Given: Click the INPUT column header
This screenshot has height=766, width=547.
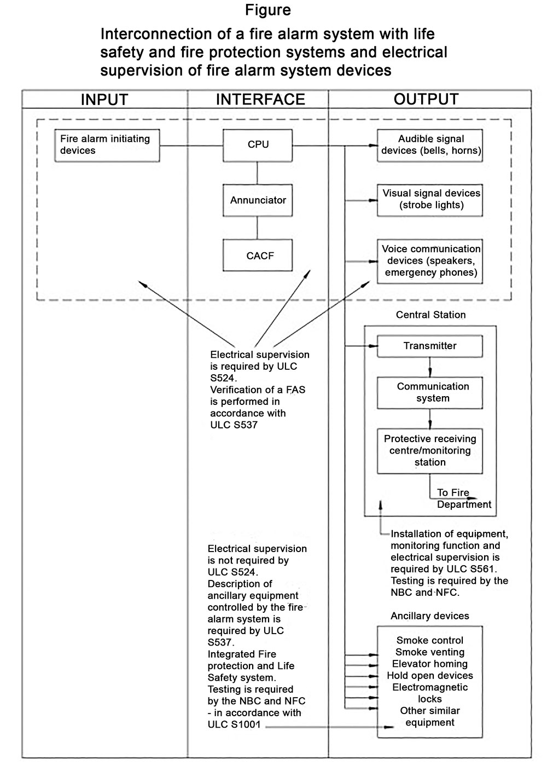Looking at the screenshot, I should click(104, 100).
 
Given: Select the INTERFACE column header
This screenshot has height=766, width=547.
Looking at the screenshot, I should click(260, 99).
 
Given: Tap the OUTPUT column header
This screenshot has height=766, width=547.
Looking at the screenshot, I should click(426, 99).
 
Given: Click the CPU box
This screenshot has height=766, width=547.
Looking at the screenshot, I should click(258, 145).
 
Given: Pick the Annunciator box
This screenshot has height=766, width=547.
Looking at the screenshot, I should click(258, 200).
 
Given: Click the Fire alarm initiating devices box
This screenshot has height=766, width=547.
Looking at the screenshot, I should click(107, 146).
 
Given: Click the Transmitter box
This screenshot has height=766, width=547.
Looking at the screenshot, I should click(430, 346).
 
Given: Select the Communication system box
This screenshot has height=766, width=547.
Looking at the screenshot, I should click(430, 392).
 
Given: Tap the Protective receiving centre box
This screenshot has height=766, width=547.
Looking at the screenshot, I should click(430, 451).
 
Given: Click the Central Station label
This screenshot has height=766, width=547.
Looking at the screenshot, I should click(430, 315).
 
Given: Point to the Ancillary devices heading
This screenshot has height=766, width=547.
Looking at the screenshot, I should click(429, 616).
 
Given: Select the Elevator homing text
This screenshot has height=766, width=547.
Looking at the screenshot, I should click(430, 664).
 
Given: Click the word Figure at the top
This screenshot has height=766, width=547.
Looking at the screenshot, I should click(268, 10).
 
